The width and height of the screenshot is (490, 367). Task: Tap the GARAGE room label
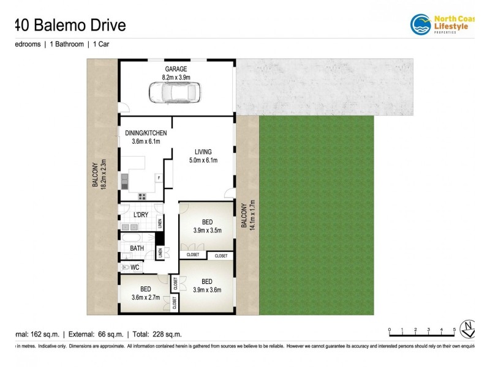(176, 69)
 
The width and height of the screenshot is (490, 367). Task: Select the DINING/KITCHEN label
(146, 133)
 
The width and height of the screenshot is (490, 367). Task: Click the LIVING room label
(203, 152)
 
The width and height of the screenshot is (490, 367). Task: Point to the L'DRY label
(141, 215)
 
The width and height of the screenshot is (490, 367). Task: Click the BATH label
(137, 248)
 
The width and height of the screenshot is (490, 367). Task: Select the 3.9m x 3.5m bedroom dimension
(207, 231)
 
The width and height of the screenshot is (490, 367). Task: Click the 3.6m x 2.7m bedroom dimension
(145, 297)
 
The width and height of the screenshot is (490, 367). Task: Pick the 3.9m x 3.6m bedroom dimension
(207, 290)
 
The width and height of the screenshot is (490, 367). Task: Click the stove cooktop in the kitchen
(142, 196)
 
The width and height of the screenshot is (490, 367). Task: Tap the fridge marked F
(159, 178)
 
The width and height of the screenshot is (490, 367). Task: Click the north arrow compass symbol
(469, 329)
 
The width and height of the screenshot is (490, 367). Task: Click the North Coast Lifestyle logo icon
(421, 25)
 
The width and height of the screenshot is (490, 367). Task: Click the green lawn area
(316, 214)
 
